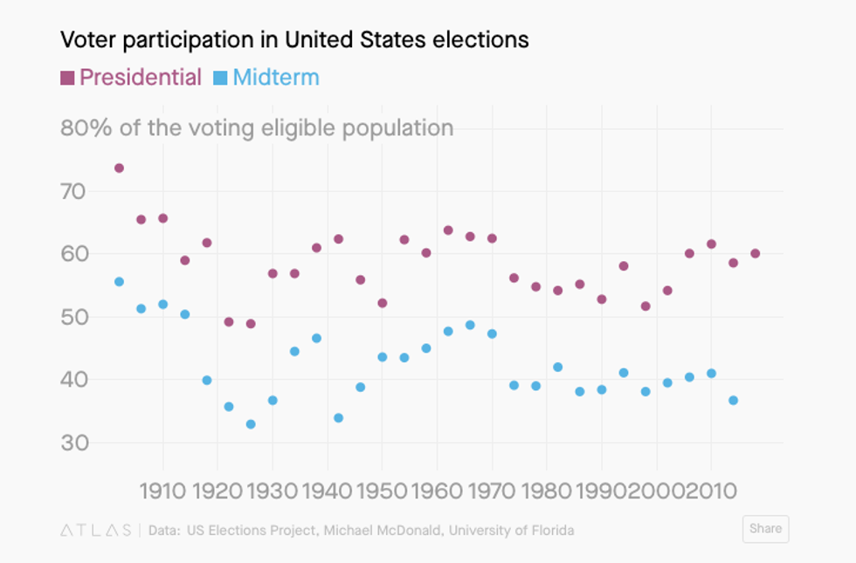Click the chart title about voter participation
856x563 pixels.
[294, 39]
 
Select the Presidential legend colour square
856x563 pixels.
[67, 78]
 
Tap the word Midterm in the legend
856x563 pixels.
[276, 78]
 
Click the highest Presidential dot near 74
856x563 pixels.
[119, 168]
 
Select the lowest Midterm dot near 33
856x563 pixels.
[251, 424]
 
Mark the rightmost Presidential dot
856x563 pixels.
[755, 254]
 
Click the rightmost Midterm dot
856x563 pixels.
[733, 401]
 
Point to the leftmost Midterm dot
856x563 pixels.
[119, 282]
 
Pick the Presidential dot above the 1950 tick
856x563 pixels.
[382, 303]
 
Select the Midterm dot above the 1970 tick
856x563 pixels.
[492, 334]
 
